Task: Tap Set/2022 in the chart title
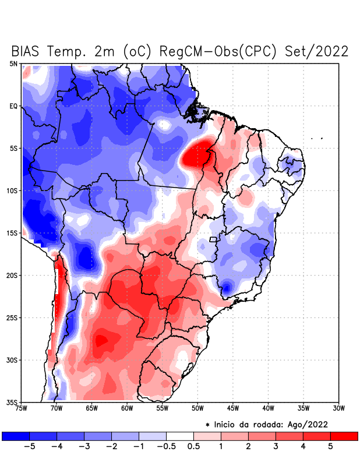click(x=317, y=51)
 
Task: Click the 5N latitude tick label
click(x=13, y=63)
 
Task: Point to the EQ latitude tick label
click(x=13, y=106)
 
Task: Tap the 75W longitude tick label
click(x=22, y=408)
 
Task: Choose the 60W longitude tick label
click(x=127, y=408)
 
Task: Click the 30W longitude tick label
click(x=338, y=408)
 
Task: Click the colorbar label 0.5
click(x=194, y=447)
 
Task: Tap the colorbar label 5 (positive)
click(x=330, y=447)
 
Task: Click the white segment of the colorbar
click(x=180, y=436)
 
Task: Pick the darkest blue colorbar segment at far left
click(x=15, y=436)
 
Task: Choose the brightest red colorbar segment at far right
click(x=344, y=436)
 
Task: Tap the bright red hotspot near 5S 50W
click(x=197, y=154)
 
